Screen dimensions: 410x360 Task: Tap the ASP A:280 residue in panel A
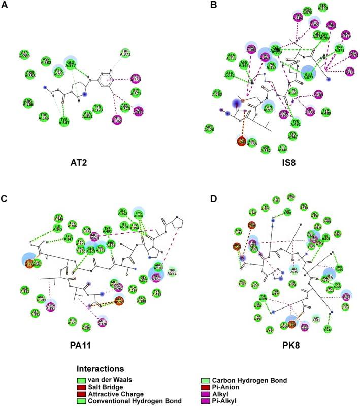click(x=23, y=54)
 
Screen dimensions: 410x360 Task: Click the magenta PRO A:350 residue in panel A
click(x=136, y=78)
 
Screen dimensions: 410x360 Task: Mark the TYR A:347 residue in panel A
click(x=64, y=120)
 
